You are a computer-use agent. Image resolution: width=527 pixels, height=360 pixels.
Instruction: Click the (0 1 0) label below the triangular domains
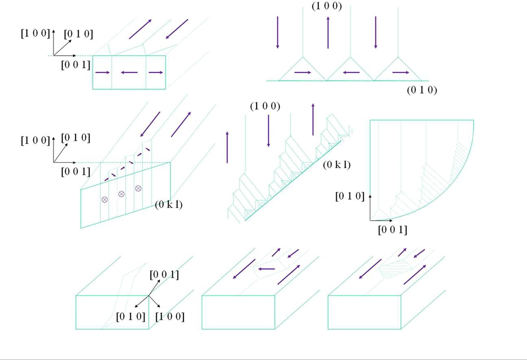tap(422, 90)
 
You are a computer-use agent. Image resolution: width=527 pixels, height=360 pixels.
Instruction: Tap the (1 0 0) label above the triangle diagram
tap(327, 6)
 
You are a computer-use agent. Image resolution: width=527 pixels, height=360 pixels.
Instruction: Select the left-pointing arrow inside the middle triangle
tap(351, 73)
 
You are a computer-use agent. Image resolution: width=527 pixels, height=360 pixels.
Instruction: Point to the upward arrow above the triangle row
tap(328, 33)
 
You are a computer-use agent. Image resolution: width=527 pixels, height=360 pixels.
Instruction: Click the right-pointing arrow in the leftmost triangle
tap(303, 73)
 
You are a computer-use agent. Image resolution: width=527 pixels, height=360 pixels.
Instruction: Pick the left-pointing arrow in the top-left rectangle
tap(129, 73)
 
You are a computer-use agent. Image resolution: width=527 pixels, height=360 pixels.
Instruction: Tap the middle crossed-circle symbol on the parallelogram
tap(121, 194)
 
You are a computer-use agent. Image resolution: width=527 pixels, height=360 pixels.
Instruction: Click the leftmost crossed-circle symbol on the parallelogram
tap(105, 200)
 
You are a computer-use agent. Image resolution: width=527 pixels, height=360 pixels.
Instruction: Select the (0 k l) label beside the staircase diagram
tap(337, 165)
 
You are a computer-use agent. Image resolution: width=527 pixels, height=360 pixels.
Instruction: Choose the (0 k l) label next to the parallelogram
tap(168, 205)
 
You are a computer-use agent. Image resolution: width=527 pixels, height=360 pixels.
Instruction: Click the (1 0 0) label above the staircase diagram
tap(265, 106)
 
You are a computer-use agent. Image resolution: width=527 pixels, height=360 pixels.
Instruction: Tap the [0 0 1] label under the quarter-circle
tap(392, 230)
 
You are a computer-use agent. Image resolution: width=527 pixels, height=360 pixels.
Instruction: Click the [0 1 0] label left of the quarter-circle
tap(350, 196)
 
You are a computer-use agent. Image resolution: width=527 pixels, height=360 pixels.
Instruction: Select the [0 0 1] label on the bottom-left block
tap(164, 275)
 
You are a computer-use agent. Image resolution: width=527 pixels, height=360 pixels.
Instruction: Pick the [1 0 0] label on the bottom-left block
tap(170, 317)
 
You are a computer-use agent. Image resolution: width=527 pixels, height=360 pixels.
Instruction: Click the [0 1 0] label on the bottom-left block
tap(131, 317)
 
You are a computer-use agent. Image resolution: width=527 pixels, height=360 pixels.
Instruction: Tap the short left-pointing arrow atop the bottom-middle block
tap(267, 269)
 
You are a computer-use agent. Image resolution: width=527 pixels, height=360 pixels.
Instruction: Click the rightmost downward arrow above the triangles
tap(375, 33)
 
